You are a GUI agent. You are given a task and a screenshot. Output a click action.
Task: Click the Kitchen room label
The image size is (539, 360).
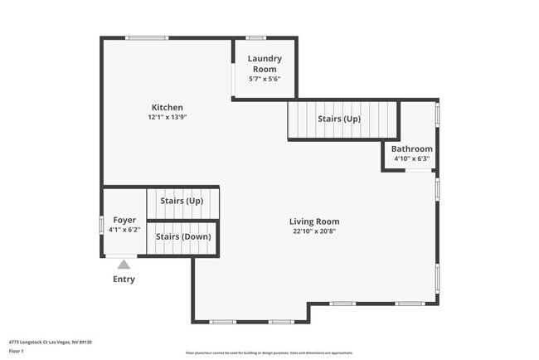coord(167,107)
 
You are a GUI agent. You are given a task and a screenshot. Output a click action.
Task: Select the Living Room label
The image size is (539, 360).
coord(314,221)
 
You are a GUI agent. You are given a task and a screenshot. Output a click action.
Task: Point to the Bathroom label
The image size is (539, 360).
coord(411,149)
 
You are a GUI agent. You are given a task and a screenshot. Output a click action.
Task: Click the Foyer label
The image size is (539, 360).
coord(124,220)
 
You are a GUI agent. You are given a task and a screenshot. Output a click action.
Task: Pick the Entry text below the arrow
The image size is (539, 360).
coord(124,280)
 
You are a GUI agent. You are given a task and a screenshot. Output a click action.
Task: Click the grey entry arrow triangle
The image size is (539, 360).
coord(124,265)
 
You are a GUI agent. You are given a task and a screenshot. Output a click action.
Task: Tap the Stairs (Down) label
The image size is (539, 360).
coord(183,237)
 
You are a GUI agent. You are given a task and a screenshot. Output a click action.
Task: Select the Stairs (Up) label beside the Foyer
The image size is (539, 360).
coord(182,202)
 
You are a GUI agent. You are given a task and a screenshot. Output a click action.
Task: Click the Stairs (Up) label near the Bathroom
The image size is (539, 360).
coord(339,119)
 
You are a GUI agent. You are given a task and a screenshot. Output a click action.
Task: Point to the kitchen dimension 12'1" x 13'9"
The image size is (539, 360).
coord(167,118)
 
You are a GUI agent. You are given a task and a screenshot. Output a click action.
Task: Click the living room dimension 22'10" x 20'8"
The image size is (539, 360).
coord(314,231)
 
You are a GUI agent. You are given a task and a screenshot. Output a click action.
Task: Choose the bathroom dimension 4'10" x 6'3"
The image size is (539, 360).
coord(411,158)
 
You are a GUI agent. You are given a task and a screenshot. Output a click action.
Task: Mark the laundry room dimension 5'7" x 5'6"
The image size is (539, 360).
coord(265,79)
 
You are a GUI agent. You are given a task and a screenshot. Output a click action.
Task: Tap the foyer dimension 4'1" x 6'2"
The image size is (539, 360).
coord(124,230)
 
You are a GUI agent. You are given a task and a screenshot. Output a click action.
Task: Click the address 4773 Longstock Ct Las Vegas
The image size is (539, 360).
coord(50,342)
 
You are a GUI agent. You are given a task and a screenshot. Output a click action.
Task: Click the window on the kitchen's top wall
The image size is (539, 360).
coord(147,37)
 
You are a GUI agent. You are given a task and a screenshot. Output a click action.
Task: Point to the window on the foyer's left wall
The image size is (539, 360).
coord(102,225)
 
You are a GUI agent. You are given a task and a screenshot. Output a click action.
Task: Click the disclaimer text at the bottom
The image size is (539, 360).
coord(269,353)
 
